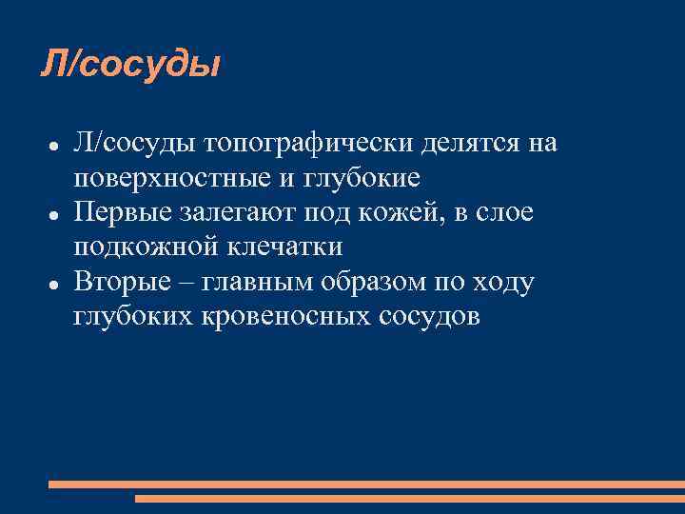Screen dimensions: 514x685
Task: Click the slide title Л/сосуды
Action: tap(130, 66)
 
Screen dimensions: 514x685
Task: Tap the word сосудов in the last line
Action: tap(424, 317)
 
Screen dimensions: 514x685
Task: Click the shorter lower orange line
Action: tap(409, 498)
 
